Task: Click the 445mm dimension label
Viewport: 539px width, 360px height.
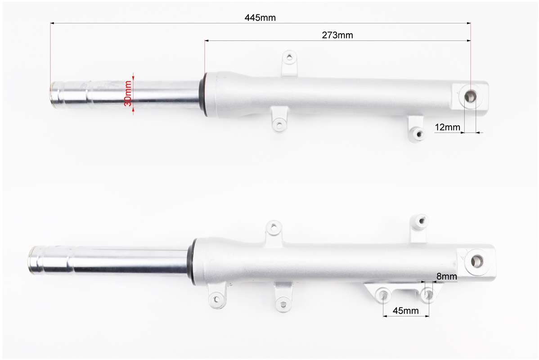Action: coord(260,18)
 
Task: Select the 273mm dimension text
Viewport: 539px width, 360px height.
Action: coord(337,35)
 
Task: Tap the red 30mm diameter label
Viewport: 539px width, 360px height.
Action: coord(127,93)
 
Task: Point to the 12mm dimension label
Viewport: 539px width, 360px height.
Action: coord(447,127)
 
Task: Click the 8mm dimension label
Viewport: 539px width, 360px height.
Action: coord(446,276)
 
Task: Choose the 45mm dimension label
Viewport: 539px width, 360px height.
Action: coord(406,310)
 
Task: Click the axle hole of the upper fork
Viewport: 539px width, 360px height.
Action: coord(471,97)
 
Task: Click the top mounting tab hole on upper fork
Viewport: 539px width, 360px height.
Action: coord(289,57)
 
